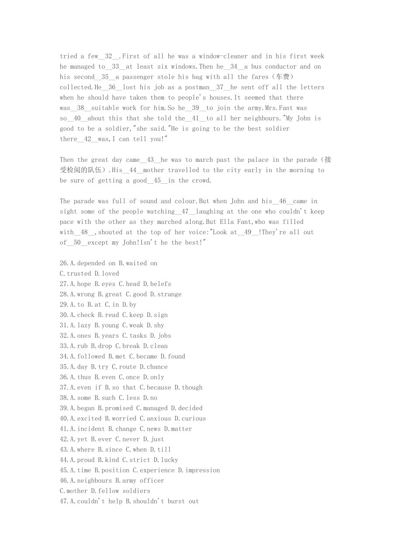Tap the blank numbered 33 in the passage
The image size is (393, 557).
(115, 67)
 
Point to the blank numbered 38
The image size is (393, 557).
(81, 108)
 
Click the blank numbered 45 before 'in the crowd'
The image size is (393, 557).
(157, 180)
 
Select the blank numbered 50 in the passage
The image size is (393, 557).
(77, 242)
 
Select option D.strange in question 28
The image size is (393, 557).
(165, 294)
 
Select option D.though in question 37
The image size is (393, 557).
(188, 387)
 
